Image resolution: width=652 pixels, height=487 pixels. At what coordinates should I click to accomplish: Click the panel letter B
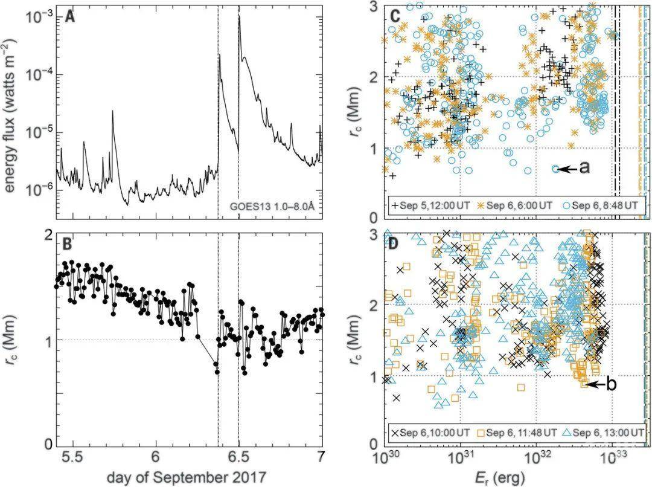(x=71, y=245)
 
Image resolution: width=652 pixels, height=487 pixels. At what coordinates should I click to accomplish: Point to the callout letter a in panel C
(x=584, y=169)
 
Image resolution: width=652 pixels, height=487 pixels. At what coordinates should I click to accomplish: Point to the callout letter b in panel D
(x=611, y=384)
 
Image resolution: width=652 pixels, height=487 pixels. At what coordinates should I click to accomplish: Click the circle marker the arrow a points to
(x=555, y=169)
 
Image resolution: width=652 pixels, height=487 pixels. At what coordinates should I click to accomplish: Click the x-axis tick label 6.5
(x=238, y=457)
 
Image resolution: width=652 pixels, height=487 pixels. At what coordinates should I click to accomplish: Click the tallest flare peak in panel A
(x=239, y=17)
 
